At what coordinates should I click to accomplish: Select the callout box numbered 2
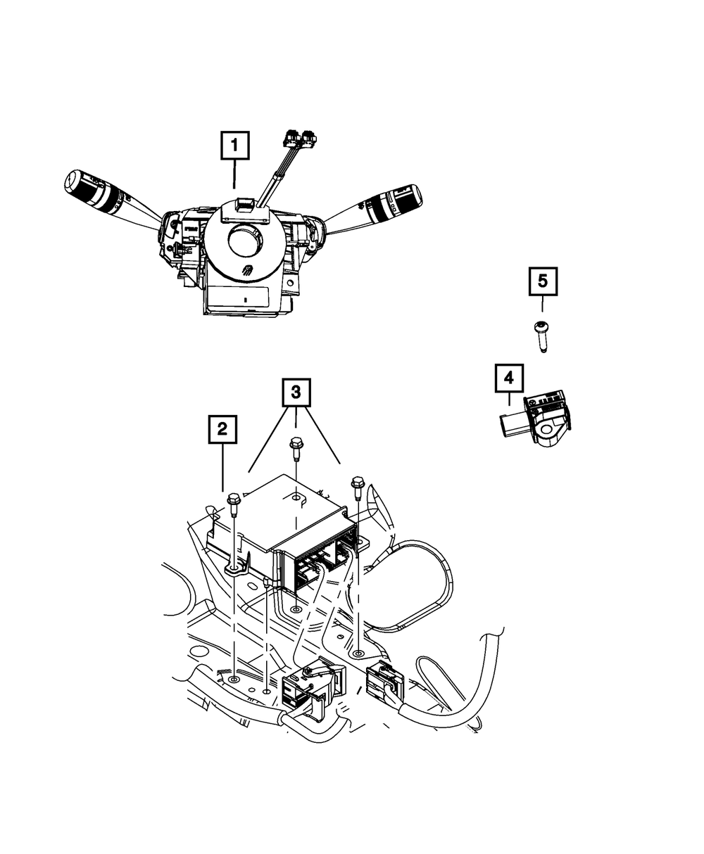222,428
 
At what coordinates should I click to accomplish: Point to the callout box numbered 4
509,380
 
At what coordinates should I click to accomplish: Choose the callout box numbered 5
542,281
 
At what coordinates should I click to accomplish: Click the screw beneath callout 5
541,336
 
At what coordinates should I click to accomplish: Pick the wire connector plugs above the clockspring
301,141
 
